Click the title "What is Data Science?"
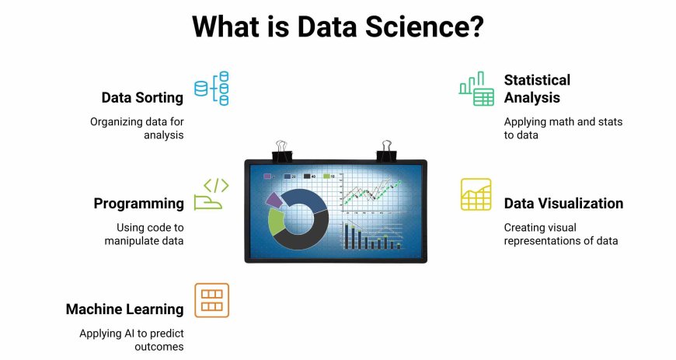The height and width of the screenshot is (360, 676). point(337,26)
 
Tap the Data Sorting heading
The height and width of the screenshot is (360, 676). point(142,98)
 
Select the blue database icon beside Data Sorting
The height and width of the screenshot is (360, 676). point(211,89)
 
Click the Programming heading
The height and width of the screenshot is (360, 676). point(138,203)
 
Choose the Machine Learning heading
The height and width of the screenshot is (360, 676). point(124,309)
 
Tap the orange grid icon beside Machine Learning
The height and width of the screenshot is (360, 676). point(211,300)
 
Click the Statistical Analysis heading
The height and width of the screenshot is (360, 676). point(537,89)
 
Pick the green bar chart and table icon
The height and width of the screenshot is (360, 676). point(476,89)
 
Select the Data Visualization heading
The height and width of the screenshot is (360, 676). point(563,203)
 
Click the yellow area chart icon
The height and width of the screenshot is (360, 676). point(476,194)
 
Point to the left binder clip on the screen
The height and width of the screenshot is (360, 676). point(281,152)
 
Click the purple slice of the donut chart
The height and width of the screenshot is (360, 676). point(274,200)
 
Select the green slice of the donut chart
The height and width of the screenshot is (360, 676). point(276,222)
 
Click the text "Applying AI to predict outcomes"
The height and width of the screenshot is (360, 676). point(131,340)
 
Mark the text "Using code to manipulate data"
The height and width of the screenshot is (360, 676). point(144,234)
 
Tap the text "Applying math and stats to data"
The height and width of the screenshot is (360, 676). point(563,128)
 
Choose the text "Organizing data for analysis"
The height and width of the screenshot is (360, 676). point(137,128)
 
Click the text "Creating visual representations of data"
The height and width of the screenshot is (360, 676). point(561,234)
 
